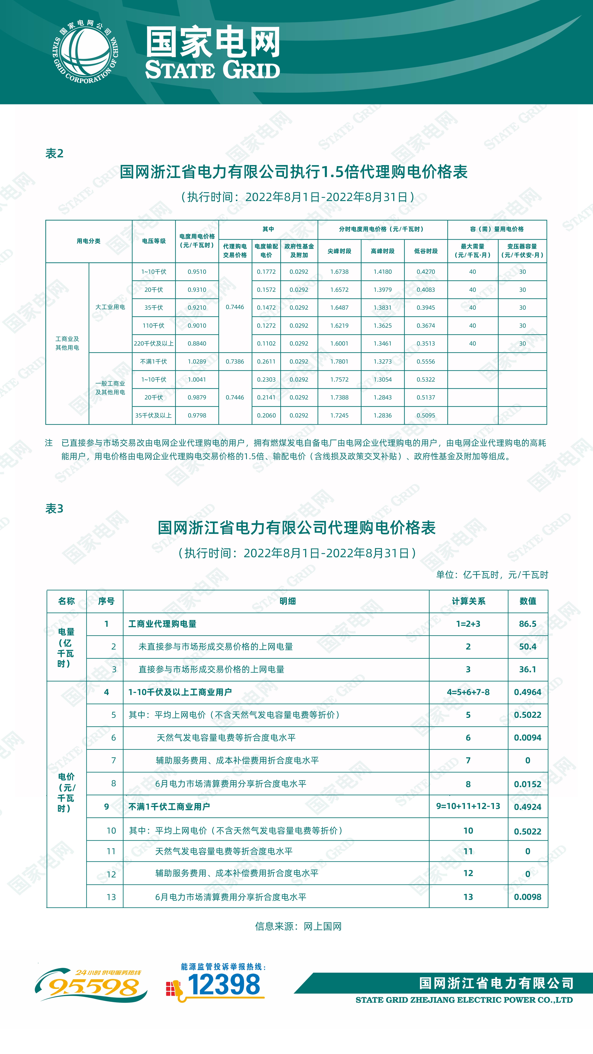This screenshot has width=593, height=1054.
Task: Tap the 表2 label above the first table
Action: [x=54, y=153]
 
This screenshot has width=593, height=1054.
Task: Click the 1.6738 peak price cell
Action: [x=339, y=272]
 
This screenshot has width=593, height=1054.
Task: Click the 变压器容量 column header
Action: [x=522, y=250]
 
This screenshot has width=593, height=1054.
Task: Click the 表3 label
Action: [x=54, y=509]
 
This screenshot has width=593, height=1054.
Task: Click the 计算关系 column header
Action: [x=468, y=601]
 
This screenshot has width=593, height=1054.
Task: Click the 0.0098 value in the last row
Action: [x=527, y=897]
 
